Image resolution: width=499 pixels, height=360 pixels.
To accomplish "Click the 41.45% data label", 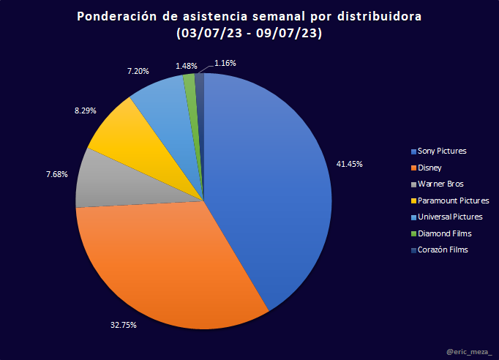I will (x=349, y=163).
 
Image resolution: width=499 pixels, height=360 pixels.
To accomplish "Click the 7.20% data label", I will (x=138, y=72).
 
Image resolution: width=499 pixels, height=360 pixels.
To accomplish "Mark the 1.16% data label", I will (x=225, y=64).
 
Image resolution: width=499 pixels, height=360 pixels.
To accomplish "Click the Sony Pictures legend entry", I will (x=442, y=151).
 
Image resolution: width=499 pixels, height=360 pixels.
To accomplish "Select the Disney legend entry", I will (x=430, y=168).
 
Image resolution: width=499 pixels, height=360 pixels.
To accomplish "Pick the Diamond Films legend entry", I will (x=444, y=233).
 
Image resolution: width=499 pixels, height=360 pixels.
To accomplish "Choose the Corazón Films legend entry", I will (x=443, y=250).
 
